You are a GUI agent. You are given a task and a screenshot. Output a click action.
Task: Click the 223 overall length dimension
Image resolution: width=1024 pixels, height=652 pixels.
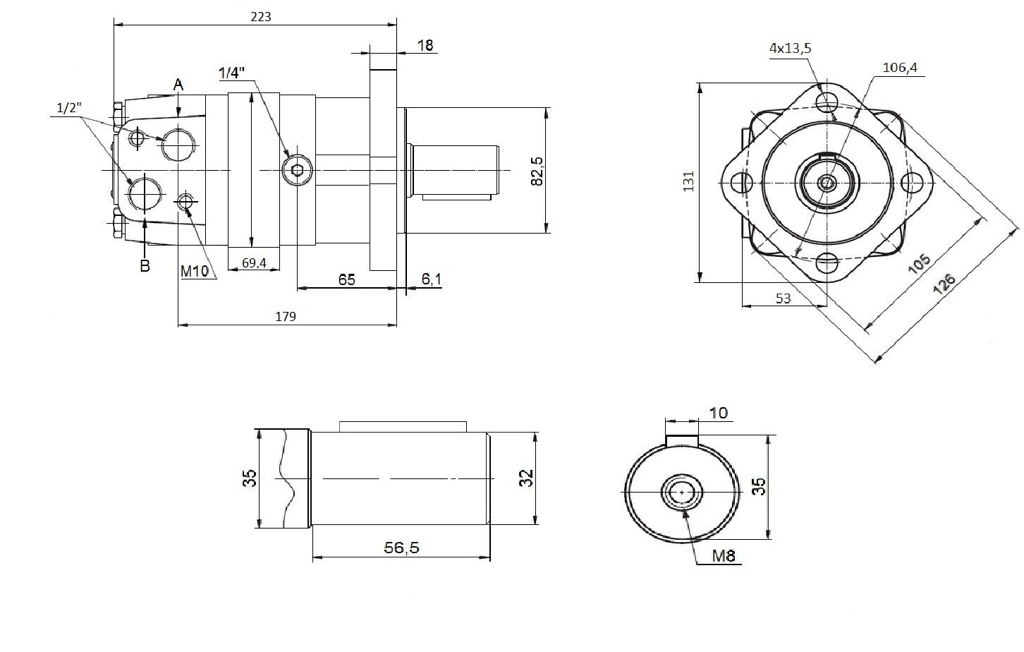260,16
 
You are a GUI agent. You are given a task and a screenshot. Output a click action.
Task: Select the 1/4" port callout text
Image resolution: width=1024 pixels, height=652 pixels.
231,73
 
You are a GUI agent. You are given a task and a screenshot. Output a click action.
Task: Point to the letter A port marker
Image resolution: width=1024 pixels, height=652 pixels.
178,85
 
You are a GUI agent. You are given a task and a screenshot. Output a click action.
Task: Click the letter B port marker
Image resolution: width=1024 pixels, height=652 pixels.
145,266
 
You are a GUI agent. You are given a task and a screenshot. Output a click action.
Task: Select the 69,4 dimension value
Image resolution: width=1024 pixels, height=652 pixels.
254,263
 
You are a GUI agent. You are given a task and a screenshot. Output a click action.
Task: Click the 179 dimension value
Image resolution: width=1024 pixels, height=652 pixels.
285,317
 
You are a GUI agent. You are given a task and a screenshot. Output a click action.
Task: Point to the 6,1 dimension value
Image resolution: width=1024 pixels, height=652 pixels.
432,279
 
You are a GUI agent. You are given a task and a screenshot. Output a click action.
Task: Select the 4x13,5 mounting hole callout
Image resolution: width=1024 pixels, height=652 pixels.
791,48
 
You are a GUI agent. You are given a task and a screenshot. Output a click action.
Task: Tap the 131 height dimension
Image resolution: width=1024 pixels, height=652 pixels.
689,181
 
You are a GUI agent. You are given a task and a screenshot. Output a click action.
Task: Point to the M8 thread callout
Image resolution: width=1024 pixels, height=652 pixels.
724,555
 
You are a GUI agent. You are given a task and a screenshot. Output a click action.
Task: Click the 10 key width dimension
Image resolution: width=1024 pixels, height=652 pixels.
719,412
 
